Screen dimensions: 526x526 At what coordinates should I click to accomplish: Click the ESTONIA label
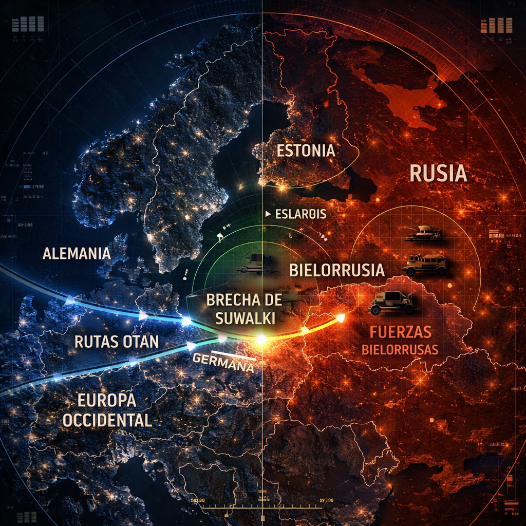(306, 151)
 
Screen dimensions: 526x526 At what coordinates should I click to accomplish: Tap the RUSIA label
(438, 174)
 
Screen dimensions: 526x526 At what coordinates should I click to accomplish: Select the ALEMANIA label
(77, 253)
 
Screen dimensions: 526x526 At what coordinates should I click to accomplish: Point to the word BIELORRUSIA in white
(337, 270)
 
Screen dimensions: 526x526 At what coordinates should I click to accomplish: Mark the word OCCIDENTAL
(107, 420)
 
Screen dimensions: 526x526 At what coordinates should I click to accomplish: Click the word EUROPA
(106, 401)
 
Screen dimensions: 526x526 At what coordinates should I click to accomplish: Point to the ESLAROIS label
(301, 214)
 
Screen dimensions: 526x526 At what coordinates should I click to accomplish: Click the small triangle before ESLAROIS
(268, 213)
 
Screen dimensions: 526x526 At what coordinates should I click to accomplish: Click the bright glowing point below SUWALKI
(261, 339)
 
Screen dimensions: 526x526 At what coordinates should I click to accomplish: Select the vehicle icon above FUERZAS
(392, 303)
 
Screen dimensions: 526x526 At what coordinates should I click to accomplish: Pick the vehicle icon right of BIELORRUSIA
(424, 264)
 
